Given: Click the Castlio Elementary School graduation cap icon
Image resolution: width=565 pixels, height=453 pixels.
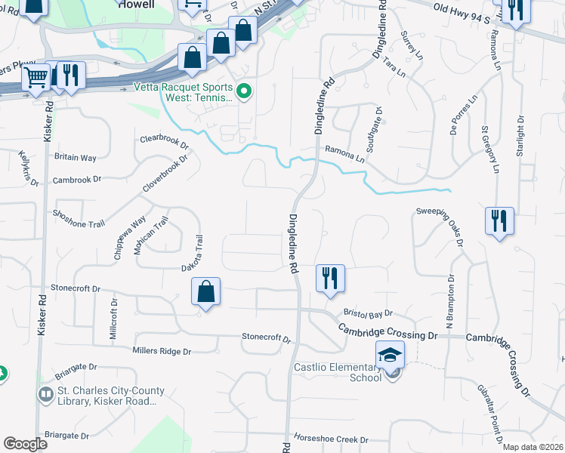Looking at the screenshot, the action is [x=391, y=355].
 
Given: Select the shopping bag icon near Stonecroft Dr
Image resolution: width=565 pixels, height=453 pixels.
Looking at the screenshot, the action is [x=206, y=291].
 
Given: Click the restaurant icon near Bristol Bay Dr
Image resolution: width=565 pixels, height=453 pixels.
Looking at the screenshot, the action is [x=330, y=278].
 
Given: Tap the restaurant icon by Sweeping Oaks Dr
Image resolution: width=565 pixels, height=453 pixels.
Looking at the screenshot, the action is [x=499, y=220].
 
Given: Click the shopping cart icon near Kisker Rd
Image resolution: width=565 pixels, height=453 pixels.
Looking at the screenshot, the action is [x=36, y=76].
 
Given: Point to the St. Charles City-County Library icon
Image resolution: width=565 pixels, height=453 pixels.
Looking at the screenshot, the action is [x=46, y=395].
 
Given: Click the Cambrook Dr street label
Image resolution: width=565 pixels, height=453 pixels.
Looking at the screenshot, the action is [x=77, y=180].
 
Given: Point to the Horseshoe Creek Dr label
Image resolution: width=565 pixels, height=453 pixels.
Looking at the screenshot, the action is [x=331, y=439].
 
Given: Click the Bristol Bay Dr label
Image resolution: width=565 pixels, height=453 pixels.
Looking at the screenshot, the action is [x=368, y=313].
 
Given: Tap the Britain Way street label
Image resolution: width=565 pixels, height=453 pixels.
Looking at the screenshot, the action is [x=76, y=157].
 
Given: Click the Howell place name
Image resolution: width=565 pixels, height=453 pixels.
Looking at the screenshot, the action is [x=137, y=4].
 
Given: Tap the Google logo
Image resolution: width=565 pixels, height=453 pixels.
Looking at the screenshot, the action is [x=25, y=444].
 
